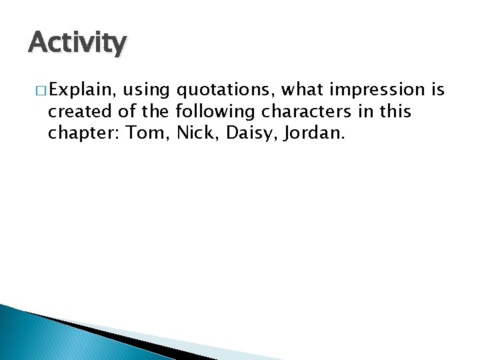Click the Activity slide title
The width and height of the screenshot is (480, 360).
click(77, 44)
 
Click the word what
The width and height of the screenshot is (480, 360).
click(300, 90)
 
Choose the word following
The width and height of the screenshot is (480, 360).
click(215, 111)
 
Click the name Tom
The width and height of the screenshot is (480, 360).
click(148, 133)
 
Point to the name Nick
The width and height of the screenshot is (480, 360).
click(198, 133)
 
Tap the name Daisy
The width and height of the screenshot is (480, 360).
click(252, 133)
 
